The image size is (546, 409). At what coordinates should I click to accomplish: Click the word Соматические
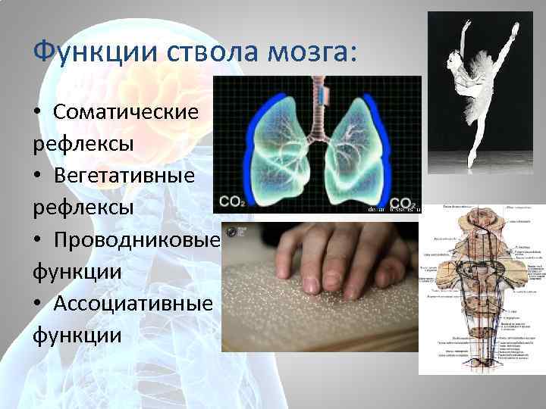click(126, 112)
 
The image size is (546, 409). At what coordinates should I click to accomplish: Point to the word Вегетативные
click(124, 175)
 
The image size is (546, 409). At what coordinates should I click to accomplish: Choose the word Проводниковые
click(136, 239)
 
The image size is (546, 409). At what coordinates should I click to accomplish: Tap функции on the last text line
click(77, 334)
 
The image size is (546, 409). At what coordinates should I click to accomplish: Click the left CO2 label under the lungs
click(232, 202)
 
